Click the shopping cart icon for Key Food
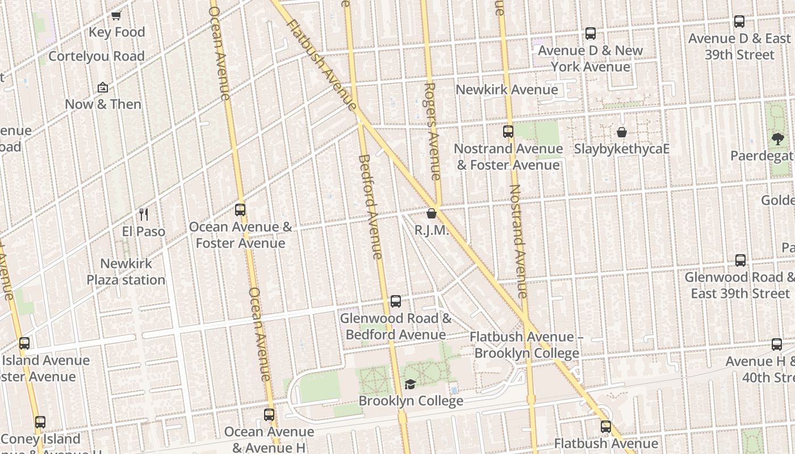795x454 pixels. [x=116, y=16]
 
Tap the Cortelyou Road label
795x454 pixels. [x=97, y=56]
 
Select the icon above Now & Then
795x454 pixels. [x=103, y=87]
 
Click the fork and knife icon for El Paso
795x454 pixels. [x=144, y=215]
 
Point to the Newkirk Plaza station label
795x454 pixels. [x=125, y=272]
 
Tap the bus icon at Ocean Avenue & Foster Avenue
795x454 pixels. [x=240, y=210]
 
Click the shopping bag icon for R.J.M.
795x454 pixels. [x=432, y=214]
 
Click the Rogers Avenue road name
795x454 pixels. [x=432, y=132]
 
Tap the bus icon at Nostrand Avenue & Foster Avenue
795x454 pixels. [x=508, y=132]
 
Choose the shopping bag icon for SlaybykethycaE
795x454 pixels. [x=622, y=132]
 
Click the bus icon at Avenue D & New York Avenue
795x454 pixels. [x=591, y=33]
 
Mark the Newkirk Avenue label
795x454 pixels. [x=507, y=90]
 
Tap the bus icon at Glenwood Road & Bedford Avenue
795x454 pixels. [x=396, y=301]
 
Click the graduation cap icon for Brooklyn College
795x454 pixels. [x=410, y=384]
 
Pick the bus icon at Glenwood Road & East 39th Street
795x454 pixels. [x=740, y=260]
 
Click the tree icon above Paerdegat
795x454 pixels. [x=778, y=138]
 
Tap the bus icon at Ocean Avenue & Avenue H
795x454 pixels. [x=269, y=415]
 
